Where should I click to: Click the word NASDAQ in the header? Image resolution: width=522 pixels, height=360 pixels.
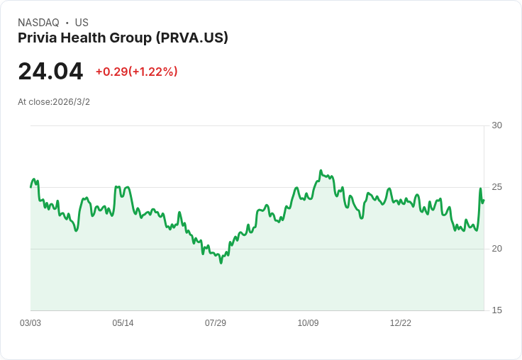pyautogui.click(x=38, y=23)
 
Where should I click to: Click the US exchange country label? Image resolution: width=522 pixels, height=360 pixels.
pyautogui.click(x=82, y=23)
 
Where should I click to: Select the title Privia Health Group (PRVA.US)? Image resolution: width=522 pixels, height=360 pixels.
pyautogui.click(x=123, y=38)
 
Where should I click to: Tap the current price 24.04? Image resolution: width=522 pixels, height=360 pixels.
pyautogui.click(x=50, y=72)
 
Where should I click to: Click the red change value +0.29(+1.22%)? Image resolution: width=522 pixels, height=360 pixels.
pyautogui.click(x=136, y=72)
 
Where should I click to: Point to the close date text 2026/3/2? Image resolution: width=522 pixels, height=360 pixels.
pyautogui.click(x=71, y=102)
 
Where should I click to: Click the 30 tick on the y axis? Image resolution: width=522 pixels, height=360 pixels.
pyautogui.click(x=496, y=125)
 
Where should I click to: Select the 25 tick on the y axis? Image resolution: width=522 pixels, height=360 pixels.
pyautogui.click(x=496, y=187)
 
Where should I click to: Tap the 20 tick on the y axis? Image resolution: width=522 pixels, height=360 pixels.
pyautogui.click(x=496, y=249)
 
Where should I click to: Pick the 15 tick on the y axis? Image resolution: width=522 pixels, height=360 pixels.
pyautogui.click(x=496, y=310)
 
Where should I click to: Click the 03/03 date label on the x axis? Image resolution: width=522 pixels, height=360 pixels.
pyautogui.click(x=30, y=323)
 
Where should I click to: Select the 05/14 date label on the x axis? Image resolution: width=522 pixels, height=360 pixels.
pyautogui.click(x=123, y=323)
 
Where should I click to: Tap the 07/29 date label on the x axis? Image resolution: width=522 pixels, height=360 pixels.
pyautogui.click(x=216, y=323)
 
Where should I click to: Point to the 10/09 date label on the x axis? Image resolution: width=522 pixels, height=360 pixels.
pyautogui.click(x=308, y=323)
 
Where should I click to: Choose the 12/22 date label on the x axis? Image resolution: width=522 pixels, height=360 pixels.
pyautogui.click(x=401, y=323)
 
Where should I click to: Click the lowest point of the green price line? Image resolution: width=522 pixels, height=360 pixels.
pyautogui.click(x=221, y=263)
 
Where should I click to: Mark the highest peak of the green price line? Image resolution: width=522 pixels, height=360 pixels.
pyautogui.click(x=321, y=171)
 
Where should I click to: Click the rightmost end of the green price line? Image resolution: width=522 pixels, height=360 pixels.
pyautogui.click(x=484, y=200)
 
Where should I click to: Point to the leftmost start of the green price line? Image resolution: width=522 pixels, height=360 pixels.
pyautogui.click(x=30, y=187)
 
